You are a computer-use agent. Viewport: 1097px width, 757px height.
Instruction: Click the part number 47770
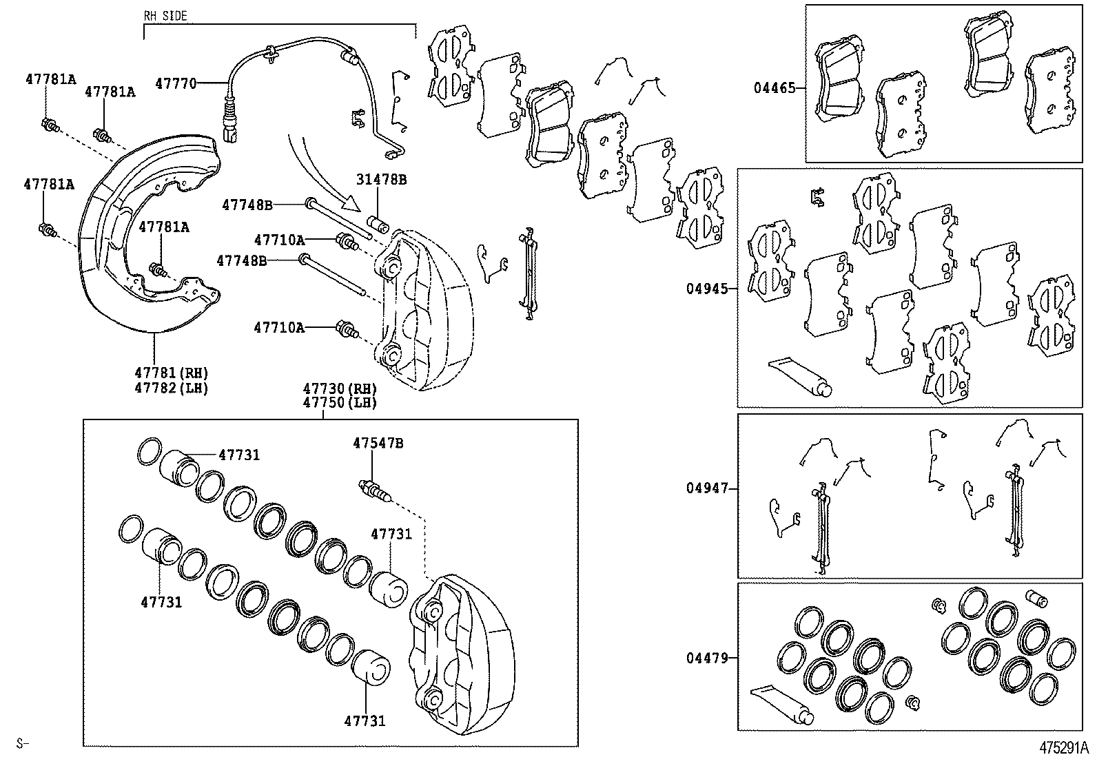[176, 84]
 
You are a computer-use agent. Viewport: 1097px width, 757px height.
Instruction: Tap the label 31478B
[381, 180]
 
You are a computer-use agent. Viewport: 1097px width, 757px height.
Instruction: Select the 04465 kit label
[775, 88]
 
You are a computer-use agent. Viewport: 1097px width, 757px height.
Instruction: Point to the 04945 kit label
[707, 289]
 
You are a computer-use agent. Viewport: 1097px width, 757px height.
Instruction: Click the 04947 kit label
[707, 488]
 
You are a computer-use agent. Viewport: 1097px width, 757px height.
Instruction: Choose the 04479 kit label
[707, 658]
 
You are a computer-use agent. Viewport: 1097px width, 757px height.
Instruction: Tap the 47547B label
[378, 444]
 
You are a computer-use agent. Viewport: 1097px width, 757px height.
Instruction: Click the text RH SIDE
[165, 16]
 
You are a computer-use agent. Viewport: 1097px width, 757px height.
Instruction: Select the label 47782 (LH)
[172, 388]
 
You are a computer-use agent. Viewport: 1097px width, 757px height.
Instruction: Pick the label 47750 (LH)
[340, 403]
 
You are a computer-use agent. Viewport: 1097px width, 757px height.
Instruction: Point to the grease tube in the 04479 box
[781, 705]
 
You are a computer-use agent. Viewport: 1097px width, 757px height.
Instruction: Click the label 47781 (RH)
[172, 373]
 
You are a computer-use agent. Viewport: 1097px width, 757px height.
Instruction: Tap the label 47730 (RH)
[340, 388]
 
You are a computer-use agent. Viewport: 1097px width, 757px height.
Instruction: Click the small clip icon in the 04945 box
[817, 197]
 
